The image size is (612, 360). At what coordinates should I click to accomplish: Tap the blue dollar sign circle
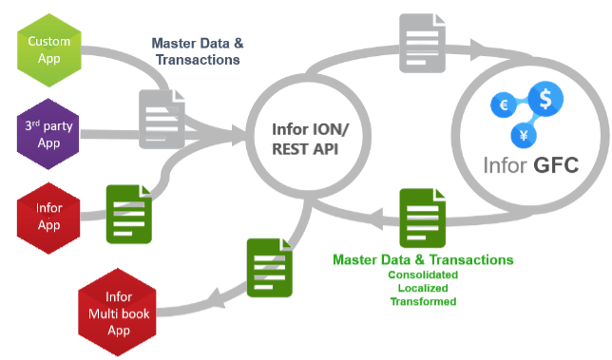tap(545, 98)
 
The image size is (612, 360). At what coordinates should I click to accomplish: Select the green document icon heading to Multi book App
tap(269, 268)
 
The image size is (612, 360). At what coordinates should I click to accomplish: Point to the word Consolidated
tap(423, 275)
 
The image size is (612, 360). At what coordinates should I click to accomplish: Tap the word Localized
tap(423, 289)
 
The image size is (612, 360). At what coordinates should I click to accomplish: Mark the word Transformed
tap(423, 302)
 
